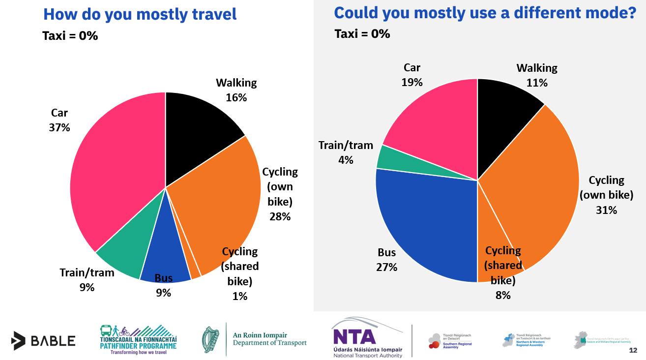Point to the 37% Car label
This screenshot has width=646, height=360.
[x=59, y=120]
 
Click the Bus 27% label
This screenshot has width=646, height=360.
[x=387, y=260]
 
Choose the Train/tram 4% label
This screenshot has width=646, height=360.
[x=346, y=152]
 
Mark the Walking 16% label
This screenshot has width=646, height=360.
[x=236, y=90]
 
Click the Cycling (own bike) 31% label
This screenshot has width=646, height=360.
[x=606, y=195]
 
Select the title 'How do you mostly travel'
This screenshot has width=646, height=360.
[x=140, y=14]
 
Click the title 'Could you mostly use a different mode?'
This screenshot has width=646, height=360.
[x=485, y=12]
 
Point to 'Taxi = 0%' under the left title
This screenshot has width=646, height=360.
[x=70, y=35]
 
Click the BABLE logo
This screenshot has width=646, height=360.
[x=43, y=340]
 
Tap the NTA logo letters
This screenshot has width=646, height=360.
[x=354, y=336]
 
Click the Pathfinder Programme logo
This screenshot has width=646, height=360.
[x=138, y=339]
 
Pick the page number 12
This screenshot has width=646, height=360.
[x=633, y=351]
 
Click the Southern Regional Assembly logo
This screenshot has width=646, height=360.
[x=450, y=340]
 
